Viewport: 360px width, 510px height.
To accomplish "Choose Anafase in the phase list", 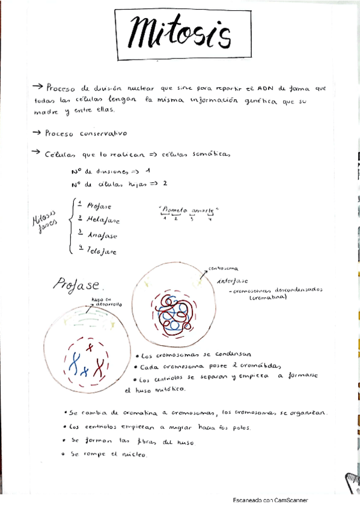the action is (x=102, y=236).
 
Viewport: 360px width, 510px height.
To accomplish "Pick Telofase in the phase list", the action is (x=102, y=251).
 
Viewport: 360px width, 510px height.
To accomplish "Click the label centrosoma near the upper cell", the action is (x=223, y=268).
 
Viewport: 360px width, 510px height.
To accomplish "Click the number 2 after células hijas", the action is (x=163, y=183).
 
